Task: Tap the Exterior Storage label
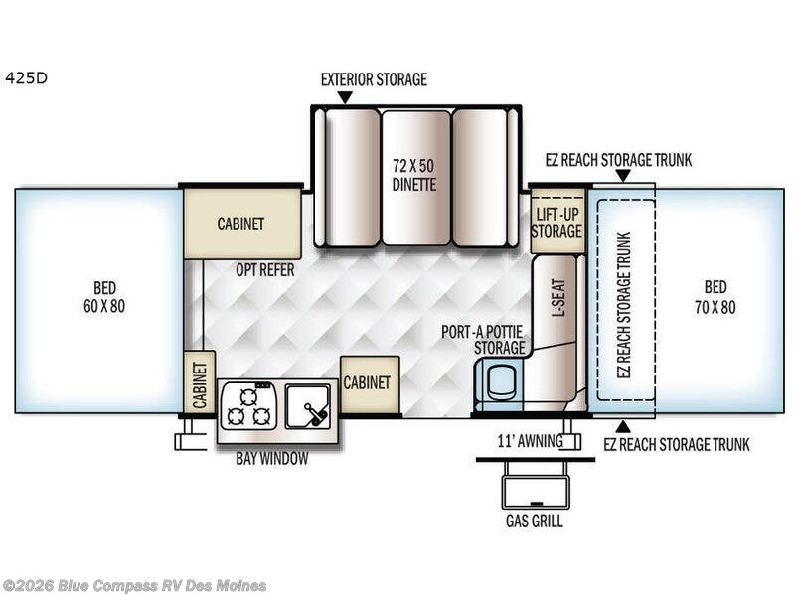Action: [374, 79]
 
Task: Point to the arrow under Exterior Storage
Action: [345, 97]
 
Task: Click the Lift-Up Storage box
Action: [556, 223]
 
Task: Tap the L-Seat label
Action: [557, 296]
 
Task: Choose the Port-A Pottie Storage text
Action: [485, 340]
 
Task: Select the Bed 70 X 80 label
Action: [715, 298]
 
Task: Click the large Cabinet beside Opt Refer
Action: [241, 223]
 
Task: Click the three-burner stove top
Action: [248, 406]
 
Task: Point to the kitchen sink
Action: [308, 406]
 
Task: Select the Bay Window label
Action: [271, 459]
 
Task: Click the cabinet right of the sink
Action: [370, 383]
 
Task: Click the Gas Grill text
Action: [536, 519]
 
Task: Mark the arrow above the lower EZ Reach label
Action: [622, 426]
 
